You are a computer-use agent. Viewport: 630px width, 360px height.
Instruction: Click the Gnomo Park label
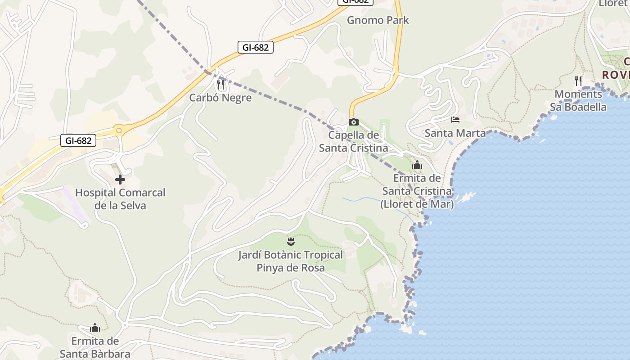click(x=378, y=20)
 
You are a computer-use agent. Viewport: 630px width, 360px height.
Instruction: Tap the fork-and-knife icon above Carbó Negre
click(x=220, y=84)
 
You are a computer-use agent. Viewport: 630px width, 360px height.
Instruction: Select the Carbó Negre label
click(x=220, y=98)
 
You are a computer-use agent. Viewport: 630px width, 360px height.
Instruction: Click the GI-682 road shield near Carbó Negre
click(x=256, y=47)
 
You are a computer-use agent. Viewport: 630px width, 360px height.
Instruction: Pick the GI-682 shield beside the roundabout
click(x=78, y=140)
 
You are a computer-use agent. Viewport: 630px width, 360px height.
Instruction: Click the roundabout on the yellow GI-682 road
click(x=119, y=131)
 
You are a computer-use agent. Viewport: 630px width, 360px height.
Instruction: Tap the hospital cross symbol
click(x=120, y=180)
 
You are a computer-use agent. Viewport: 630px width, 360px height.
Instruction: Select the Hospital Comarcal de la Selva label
click(x=120, y=199)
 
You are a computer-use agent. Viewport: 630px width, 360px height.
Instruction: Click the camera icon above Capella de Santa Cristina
click(x=354, y=122)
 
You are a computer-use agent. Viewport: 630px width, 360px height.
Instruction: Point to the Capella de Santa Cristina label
click(x=353, y=141)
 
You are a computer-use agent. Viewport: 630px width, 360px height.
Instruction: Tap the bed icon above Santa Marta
click(x=455, y=120)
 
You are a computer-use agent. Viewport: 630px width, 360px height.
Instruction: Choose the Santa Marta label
click(x=455, y=133)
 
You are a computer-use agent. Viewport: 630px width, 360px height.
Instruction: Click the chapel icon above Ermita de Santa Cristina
click(x=417, y=165)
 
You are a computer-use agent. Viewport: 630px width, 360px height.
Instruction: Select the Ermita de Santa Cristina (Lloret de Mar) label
click(x=417, y=191)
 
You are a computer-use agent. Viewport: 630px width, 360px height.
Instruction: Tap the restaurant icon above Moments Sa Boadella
click(x=578, y=81)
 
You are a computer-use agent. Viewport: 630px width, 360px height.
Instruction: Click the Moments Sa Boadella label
click(x=578, y=101)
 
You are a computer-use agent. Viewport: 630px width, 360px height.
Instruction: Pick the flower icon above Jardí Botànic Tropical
click(x=291, y=241)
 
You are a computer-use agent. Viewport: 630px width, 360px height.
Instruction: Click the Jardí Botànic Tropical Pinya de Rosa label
click(x=291, y=261)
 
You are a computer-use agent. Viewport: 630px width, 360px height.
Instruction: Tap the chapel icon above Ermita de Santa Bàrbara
click(x=95, y=327)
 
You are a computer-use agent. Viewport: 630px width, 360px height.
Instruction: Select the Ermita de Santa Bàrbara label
click(x=95, y=347)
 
